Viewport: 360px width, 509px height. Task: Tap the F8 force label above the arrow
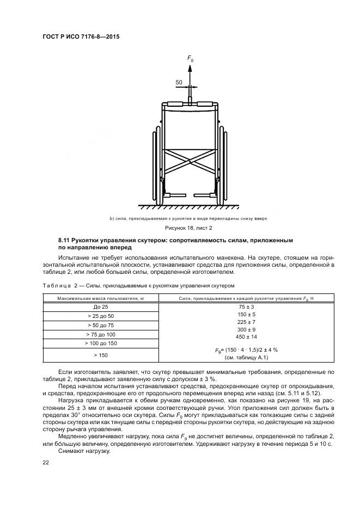190,58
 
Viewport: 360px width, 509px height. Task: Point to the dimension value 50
179,82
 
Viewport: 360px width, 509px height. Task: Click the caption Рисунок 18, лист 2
190,228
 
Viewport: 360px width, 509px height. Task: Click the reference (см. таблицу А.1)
246,358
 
